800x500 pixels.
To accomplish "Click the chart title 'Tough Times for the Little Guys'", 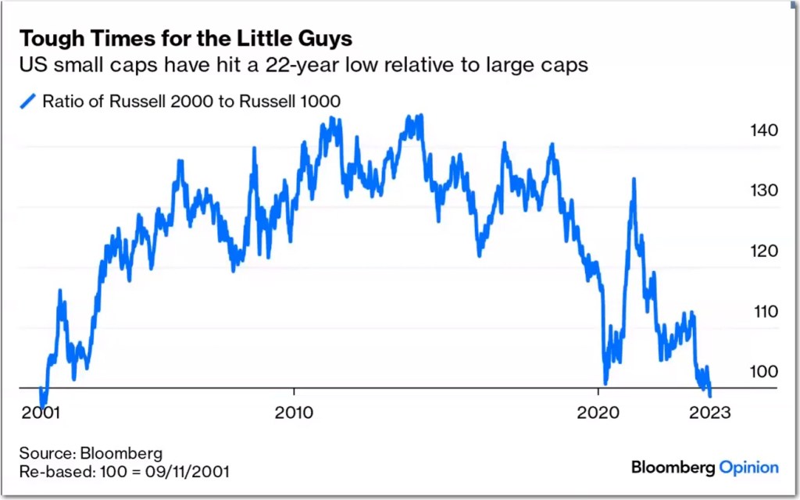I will point(185,38).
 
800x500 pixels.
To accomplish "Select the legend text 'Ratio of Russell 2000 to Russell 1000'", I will point(191,101).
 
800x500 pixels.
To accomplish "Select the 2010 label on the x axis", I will point(295,412).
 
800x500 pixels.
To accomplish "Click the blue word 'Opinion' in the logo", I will point(748,467).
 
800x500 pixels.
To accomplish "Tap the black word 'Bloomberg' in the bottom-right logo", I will point(673,467).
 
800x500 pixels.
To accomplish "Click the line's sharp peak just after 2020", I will point(633,180).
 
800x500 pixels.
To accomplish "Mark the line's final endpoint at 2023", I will point(709,393).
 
